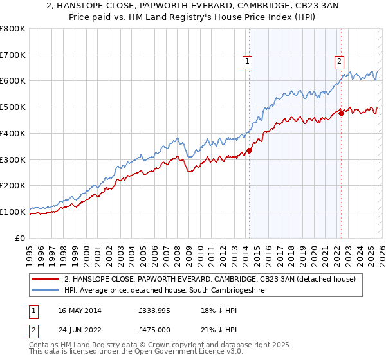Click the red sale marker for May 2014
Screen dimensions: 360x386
click(249, 151)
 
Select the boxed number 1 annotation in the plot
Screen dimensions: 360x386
click(247, 62)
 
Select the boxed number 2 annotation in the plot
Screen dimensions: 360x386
click(339, 62)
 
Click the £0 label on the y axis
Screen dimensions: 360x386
click(21, 238)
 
